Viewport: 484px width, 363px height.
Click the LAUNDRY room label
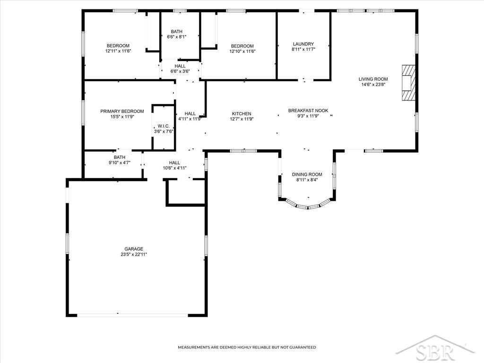point(303,44)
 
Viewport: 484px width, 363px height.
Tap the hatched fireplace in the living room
point(408,82)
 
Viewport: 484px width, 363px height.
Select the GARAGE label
point(134,249)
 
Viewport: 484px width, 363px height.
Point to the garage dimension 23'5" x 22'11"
point(134,254)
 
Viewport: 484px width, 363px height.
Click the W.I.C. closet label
point(164,126)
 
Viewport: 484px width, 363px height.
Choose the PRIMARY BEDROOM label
point(122,111)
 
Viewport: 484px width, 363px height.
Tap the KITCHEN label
point(242,113)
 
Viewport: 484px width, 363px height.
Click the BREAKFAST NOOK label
point(308,111)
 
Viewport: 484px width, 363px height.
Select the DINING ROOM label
point(307,174)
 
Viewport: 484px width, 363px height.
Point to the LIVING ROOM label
point(373,79)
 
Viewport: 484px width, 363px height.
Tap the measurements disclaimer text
point(247,347)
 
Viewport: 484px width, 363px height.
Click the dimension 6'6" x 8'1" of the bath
point(177,37)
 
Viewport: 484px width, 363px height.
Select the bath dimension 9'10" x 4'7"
point(120,163)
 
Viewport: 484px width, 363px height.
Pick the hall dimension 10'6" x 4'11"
point(175,168)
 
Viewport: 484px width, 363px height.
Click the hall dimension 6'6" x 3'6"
point(180,71)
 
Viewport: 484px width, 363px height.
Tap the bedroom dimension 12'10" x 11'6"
point(242,52)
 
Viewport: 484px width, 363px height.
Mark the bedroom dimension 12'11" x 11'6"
point(118,51)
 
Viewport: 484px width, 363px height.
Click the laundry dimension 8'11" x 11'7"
point(303,49)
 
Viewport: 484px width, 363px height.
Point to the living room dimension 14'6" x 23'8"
point(373,85)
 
